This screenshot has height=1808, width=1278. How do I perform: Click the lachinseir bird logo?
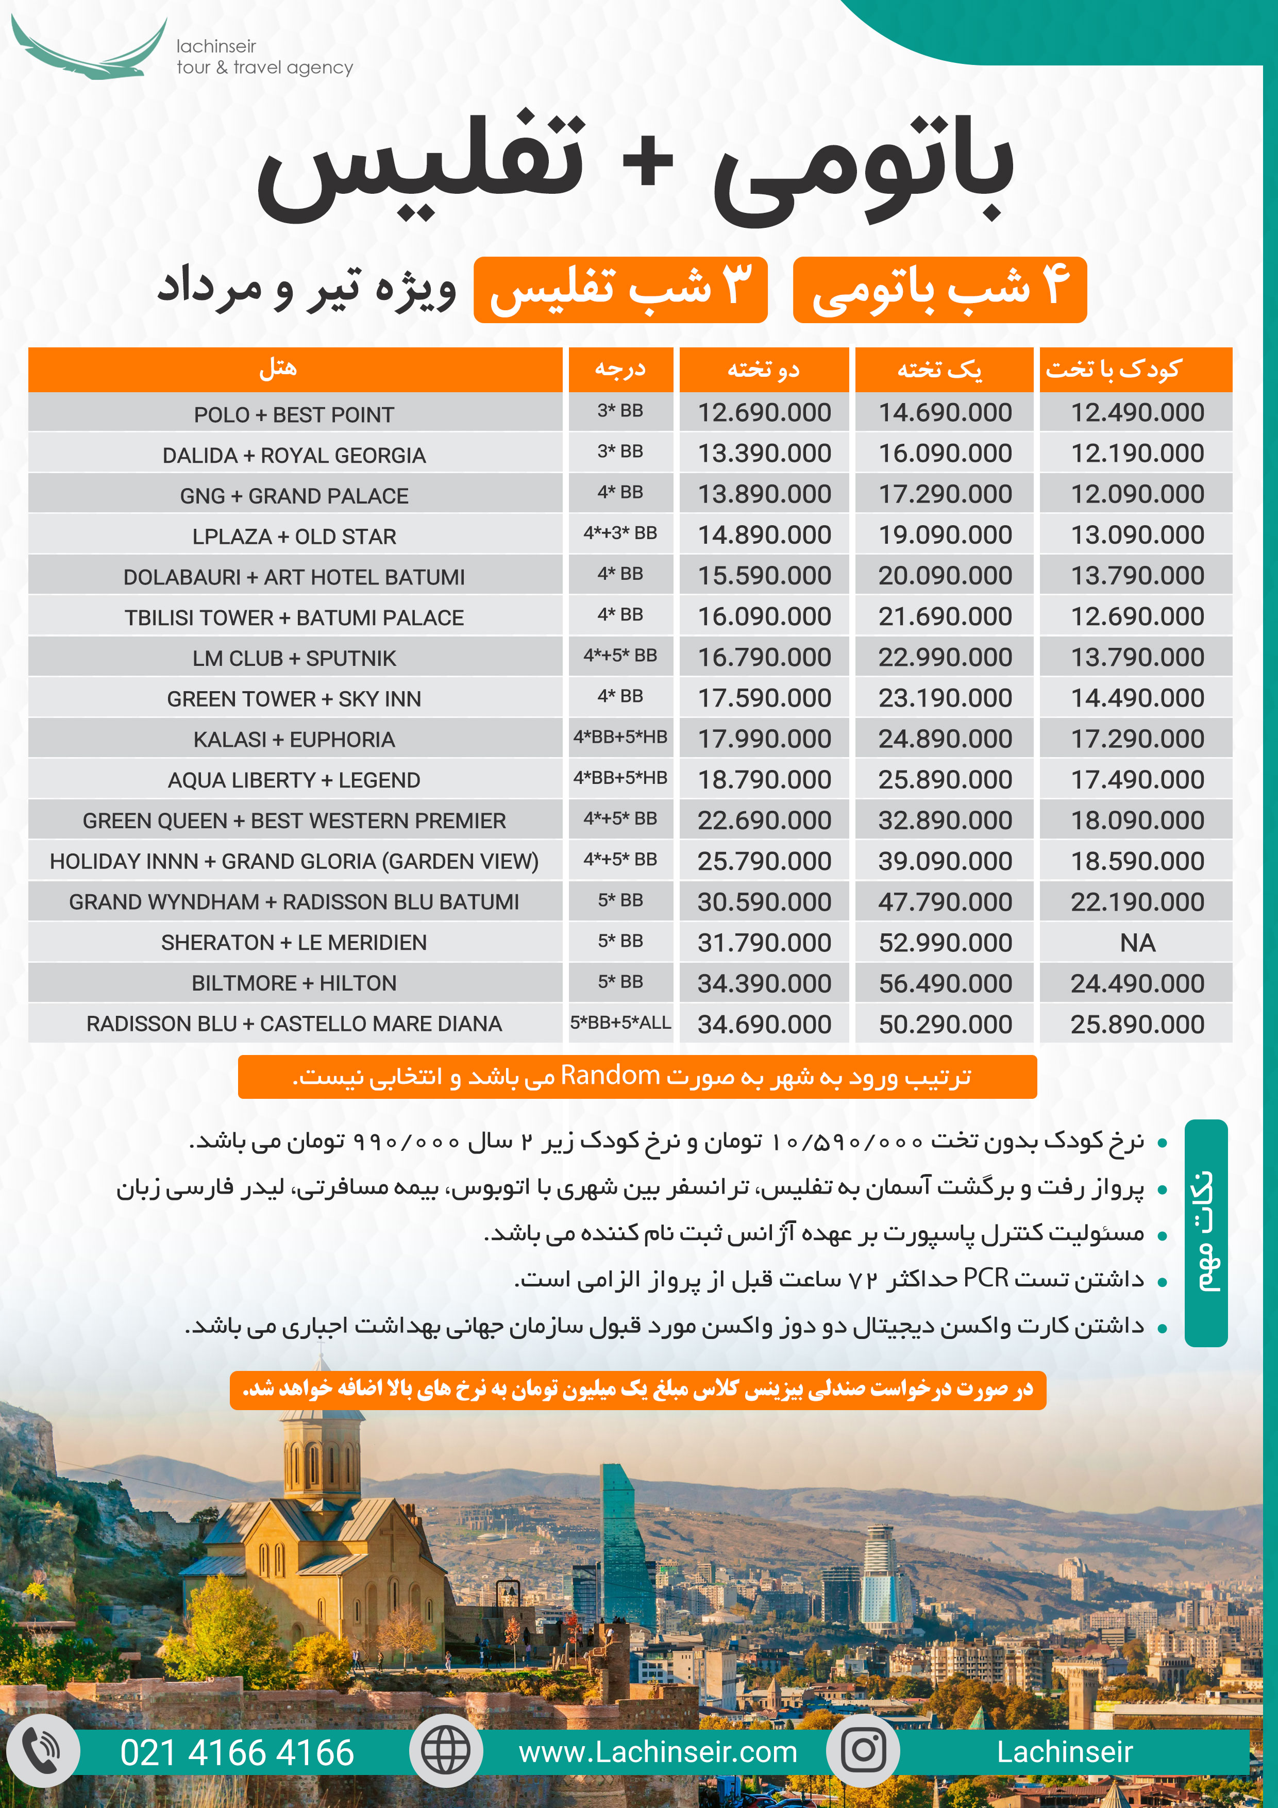click(x=88, y=49)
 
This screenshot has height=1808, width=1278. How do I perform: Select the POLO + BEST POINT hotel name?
click(x=294, y=414)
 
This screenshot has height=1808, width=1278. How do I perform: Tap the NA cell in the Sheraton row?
click(x=1137, y=943)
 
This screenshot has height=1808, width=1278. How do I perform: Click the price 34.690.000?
click(x=764, y=1024)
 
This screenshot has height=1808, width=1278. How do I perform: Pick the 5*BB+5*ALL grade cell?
click(x=620, y=1022)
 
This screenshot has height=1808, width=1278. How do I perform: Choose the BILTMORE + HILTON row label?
click(x=294, y=983)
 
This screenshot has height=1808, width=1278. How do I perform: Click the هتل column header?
click(x=278, y=369)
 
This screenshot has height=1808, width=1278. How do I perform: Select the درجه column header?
click(x=620, y=369)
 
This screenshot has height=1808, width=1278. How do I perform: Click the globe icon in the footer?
click(x=446, y=1750)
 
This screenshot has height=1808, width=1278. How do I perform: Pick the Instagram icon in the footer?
click(x=863, y=1750)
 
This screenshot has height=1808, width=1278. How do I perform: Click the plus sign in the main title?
click(x=647, y=161)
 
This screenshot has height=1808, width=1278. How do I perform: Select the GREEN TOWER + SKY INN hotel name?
click(x=294, y=698)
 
